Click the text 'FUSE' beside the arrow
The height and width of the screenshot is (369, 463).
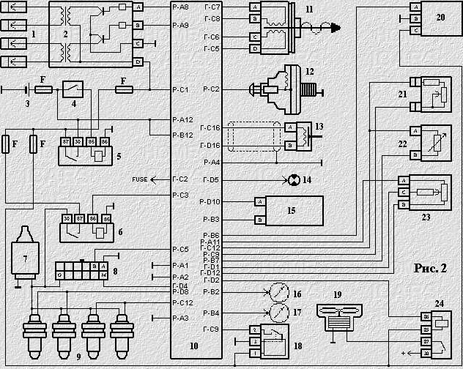[x=139, y=179]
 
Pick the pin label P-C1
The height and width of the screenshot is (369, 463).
[x=181, y=89]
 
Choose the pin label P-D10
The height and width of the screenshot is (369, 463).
[x=211, y=201]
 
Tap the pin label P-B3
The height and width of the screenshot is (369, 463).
[x=211, y=219]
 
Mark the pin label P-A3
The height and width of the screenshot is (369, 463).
[x=181, y=318]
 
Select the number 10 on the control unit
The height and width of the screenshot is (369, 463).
[x=193, y=346]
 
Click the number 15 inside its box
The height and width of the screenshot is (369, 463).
[x=291, y=210]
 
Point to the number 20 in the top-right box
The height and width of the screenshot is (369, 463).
[x=439, y=16]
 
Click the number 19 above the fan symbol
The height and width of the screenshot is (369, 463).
[x=337, y=294]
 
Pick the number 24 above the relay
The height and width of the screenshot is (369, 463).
[x=439, y=302]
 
